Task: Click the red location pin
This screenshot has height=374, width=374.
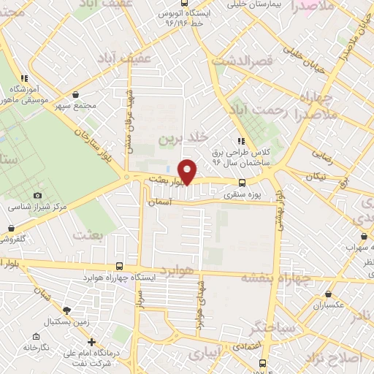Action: pos(188,172)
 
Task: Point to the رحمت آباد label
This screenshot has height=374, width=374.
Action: pos(272,110)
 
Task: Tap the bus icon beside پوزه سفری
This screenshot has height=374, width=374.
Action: pos(242,183)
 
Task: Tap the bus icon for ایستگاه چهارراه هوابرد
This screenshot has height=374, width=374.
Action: pos(120,267)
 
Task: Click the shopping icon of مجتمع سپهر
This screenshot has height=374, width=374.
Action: pos(77,94)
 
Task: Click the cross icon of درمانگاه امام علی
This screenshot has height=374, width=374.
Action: pos(91,342)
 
